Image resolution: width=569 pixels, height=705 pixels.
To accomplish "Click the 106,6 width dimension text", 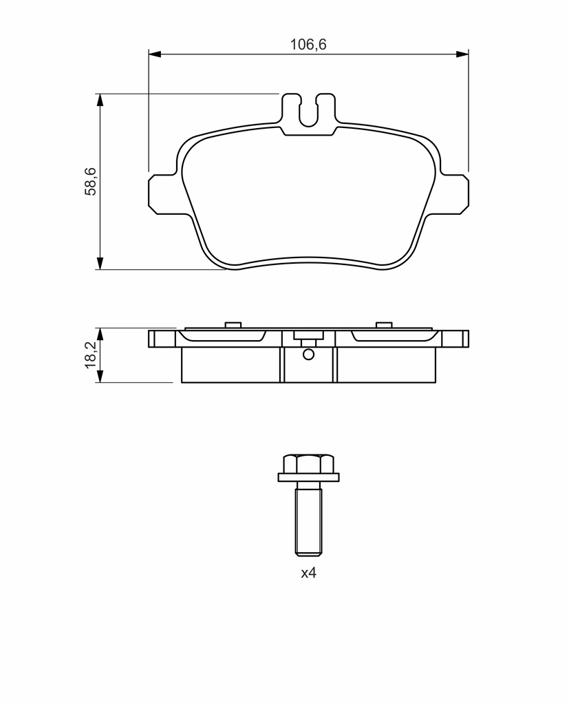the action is point(308,45).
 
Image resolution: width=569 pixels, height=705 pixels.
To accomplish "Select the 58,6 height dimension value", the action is point(90,181).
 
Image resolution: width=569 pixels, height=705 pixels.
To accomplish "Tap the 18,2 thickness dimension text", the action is point(90,355).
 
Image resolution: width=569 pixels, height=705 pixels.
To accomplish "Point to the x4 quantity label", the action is point(309,573).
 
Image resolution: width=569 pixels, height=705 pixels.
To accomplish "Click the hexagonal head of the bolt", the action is point(309,463).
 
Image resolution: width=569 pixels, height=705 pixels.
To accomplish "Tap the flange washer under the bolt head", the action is point(309,478).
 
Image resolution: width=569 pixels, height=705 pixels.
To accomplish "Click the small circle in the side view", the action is point(308,355).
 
